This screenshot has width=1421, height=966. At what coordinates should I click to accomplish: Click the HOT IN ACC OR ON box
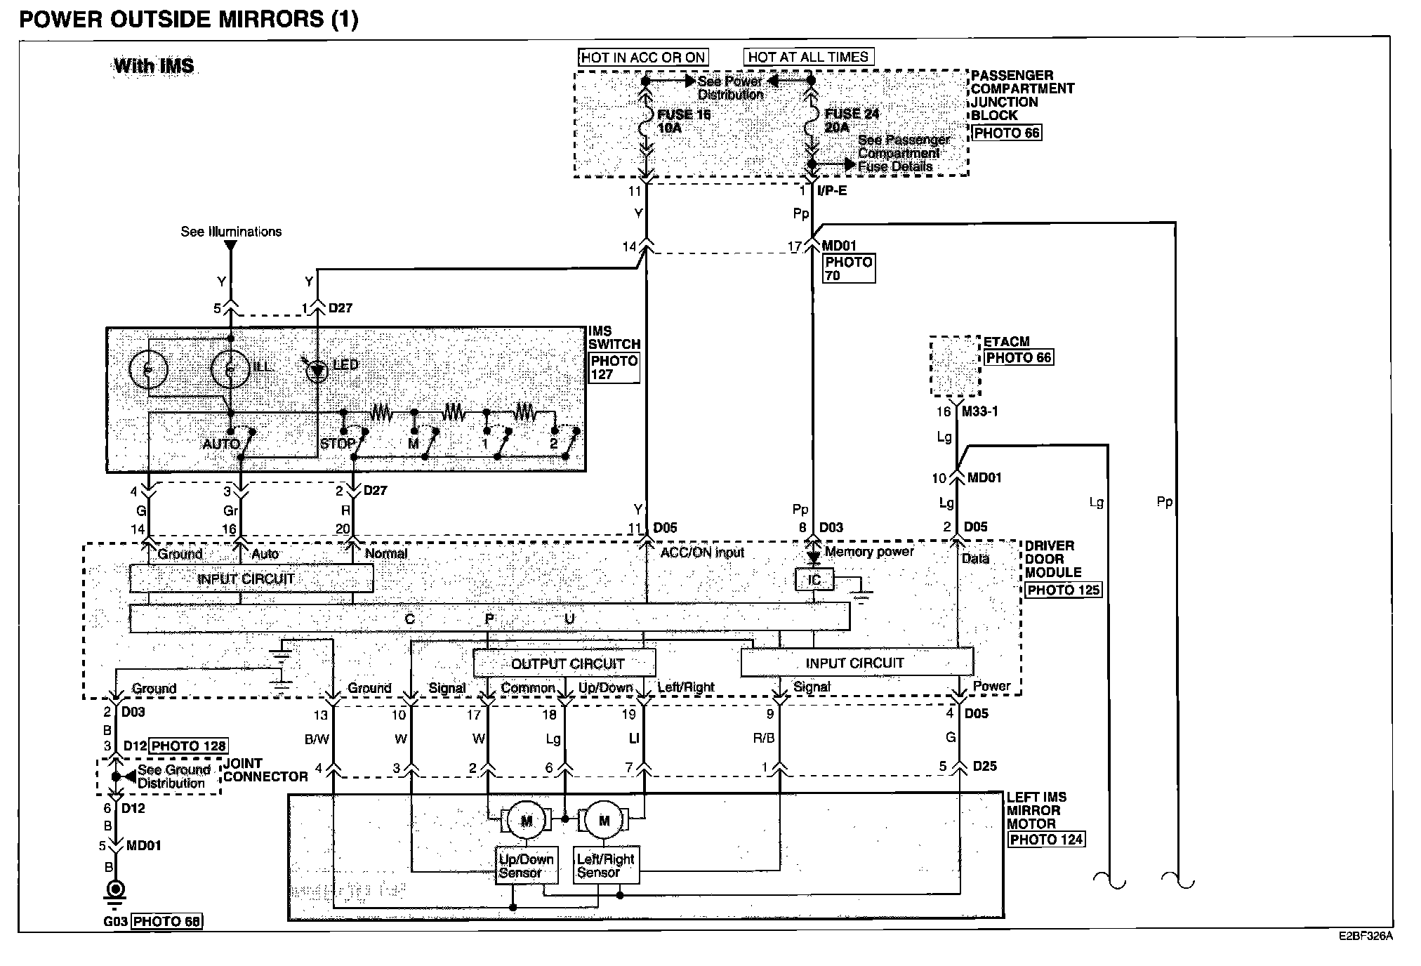click(x=642, y=58)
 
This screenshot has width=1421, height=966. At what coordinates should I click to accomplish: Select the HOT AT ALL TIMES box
click(x=808, y=57)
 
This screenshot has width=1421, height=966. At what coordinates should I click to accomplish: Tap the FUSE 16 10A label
click(x=682, y=121)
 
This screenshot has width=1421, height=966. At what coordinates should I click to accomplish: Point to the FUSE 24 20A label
click(x=850, y=120)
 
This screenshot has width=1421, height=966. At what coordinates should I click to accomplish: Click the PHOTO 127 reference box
click(x=614, y=368)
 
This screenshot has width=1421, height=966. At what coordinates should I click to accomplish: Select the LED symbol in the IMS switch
click(x=318, y=370)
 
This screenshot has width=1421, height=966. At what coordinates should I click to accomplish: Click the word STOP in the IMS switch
click(x=338, y=444)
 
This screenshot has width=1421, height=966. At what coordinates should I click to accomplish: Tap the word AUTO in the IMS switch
click(x=221, y=444)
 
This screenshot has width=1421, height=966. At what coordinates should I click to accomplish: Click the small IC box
click(x=814, y=580)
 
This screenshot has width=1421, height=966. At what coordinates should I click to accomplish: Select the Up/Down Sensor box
click(x=527, y=866)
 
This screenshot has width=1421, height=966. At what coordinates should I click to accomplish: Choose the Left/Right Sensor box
click(x=605, y=866)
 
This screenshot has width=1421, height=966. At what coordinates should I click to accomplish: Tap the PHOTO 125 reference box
click(x=1063, y=590)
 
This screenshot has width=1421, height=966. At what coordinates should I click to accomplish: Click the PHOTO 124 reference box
click(x=1046, y=839)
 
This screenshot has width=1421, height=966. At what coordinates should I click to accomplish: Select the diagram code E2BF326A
click(x=1365, y=937)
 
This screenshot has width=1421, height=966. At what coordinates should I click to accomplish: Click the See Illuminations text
click(x=231, y=232)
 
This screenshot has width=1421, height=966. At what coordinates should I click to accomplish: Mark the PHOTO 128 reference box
click(x=189, y=746)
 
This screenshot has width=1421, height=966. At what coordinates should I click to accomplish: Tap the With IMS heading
click(x=154, y=66)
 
